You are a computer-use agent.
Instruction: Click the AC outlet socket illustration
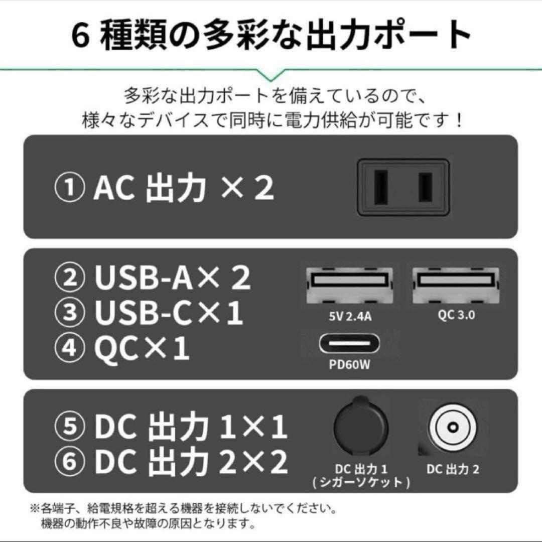[402, 186]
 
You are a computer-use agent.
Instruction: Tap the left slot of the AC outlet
[380, 186]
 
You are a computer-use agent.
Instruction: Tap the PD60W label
[349, 365]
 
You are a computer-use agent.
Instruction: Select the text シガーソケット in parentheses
[360, 483]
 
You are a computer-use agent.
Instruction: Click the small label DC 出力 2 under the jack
[453, 469]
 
